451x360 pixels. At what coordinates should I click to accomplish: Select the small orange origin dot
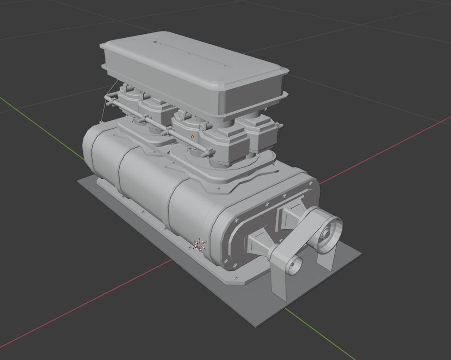point(192,137)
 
